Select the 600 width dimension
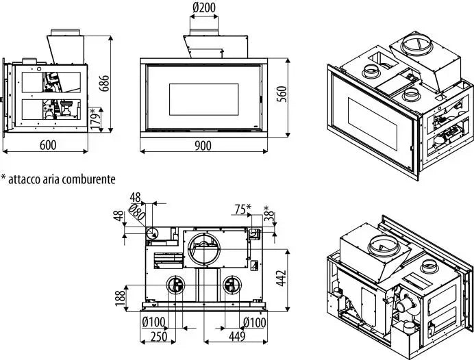point(47,145)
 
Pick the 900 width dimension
point(203,145)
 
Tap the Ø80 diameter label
point(136,213)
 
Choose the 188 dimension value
point(121,297)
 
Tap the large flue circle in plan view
point(204,248)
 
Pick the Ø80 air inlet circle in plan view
point(153,233)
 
